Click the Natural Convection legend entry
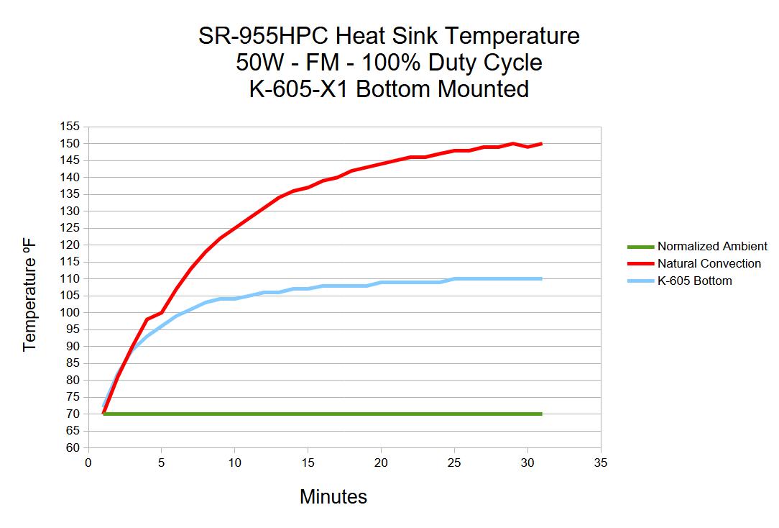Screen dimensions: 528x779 (709, 263)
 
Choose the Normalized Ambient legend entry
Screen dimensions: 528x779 (712, 246)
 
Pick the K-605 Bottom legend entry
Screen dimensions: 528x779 (694, 281)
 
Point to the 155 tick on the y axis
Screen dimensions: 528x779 (70, 127)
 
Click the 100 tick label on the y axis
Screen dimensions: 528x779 (70, 312)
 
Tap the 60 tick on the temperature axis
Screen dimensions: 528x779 (73, 447)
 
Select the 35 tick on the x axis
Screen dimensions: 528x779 (601, 463)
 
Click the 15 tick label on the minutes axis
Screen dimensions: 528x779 (308, 463)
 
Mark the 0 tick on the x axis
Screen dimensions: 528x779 (88, 463)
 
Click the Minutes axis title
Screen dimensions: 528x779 (333, 497)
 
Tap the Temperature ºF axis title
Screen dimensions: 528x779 (29, 296)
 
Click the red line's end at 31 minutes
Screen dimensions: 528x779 (542, 144)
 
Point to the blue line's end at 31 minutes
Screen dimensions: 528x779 (542, 278)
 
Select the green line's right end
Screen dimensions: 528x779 (542, 414)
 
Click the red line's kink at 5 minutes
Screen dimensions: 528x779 (162, 312)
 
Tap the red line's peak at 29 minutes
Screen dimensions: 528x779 (512, 143)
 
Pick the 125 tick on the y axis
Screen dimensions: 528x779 (70, 228)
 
